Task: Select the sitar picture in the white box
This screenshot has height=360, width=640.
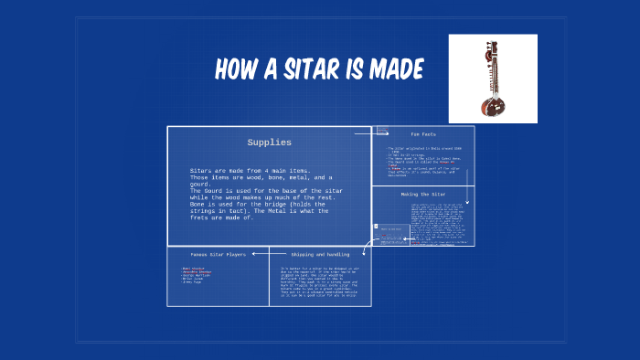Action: pos(492,79)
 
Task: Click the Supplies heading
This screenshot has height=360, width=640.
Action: pos(269,143)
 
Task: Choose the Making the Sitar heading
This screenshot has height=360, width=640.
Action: pos(422,194)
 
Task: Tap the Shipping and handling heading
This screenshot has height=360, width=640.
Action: pos(319,254)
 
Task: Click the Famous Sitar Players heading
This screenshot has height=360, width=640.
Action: pos(217,254)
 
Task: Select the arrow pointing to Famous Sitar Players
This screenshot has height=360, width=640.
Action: pos(259,253)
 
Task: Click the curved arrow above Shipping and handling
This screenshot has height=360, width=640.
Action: pos(368,245)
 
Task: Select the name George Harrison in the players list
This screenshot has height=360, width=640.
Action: pos(197,277)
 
